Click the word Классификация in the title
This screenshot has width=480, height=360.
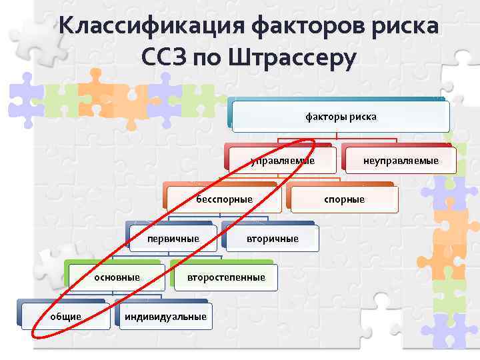pos(151,27)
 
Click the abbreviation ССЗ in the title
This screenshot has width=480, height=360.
pos(164,58)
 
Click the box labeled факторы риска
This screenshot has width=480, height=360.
pos(341,117)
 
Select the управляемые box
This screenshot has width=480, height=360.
pos(281,161)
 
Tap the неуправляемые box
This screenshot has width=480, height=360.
pos(400,161)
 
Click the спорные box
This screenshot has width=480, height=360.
pos(344,199)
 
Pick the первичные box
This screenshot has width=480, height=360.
pos(173,239)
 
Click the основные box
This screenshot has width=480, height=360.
pos(117,277)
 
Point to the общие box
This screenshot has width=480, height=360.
pos(65,316)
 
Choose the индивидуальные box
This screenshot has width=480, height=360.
pos(164,316)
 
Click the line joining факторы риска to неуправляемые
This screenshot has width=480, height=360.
pos(397,141)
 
